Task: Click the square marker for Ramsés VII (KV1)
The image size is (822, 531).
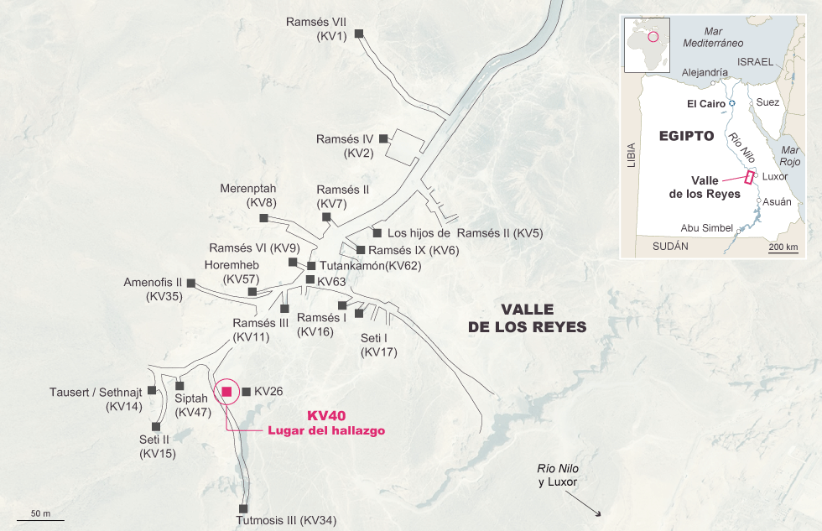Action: [x=359, y=34]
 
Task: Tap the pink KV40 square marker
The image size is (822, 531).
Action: [x=226, y=391]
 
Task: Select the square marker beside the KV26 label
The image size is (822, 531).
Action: [x=246, y=391]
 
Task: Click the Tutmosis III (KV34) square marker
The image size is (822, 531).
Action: [x=243, y=508]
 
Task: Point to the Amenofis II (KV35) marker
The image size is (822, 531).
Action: [x=190, y=284]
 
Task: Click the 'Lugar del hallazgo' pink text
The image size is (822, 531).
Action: [x=325, y=430]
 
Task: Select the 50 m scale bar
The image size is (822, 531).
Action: [x=40, y=519]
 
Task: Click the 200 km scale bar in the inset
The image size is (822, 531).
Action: [x=783, y=252]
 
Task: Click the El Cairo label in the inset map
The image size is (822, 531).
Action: [x=705, y=103]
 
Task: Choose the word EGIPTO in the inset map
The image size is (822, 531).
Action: [x=686, y=135]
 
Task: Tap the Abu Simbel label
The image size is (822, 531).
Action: [x=707, y=228]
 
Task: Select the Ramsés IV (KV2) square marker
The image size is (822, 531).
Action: [x=383, y=138]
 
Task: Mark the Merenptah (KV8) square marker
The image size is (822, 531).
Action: [x=263, y=218]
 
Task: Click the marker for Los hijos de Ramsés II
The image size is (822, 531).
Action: [x=377, y=232]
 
